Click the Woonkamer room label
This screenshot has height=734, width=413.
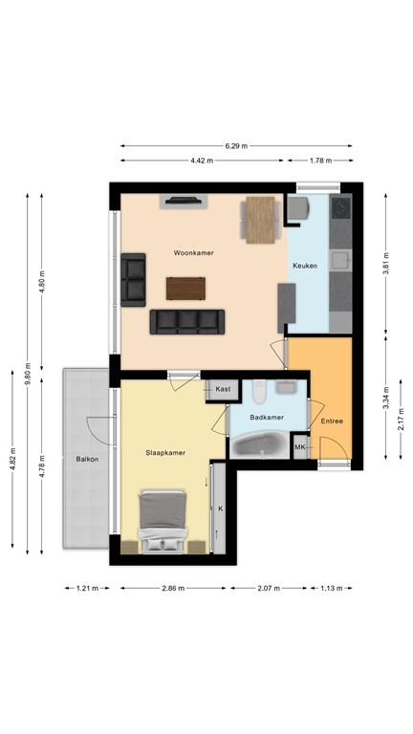click(193, 253)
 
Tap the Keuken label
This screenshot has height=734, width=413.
click(304, 267)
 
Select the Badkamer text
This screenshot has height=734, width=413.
click(265, 418)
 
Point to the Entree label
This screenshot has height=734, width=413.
click(332, 421)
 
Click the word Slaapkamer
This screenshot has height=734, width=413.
click(164, 451)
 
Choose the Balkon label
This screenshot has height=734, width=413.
click(87, 460)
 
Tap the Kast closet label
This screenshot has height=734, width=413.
click(223, 389)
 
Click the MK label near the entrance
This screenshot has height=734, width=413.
click(299, 447)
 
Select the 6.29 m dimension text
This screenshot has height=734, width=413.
click(236, 146)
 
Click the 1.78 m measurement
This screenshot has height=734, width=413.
click(319, 162)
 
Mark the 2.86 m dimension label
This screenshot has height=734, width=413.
click(175, 588)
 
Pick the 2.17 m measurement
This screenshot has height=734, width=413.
click(401, 420)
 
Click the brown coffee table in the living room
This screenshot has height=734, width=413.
click(185, 288)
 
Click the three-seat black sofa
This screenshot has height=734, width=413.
click(187, 321)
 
